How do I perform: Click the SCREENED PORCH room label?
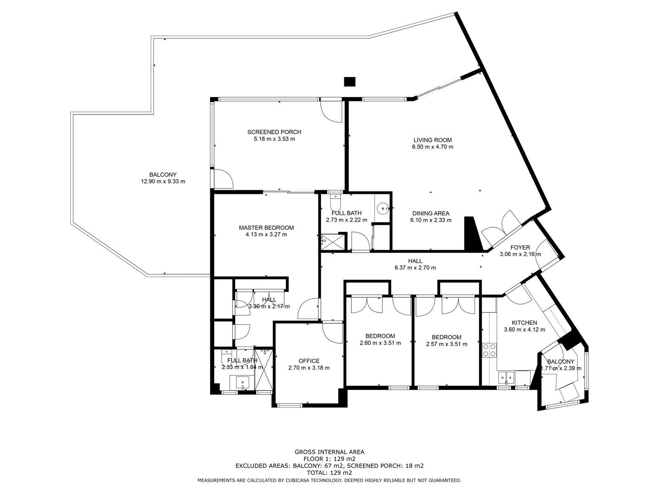274,132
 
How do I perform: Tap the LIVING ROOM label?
432,140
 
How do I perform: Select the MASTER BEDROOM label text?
266,228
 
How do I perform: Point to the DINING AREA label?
431,213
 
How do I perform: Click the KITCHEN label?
524,323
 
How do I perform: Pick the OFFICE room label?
309,361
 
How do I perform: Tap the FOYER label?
520,247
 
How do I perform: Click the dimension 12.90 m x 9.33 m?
163,182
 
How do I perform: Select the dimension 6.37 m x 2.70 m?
415,268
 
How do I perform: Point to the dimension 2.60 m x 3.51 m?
380,343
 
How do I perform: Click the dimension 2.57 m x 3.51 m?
446,344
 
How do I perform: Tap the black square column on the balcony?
349,82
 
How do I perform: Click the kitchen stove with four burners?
489,350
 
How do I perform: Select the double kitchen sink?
507,377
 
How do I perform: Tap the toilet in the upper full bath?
335,202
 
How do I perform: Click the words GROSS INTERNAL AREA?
329,452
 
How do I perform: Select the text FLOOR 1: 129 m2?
329,459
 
